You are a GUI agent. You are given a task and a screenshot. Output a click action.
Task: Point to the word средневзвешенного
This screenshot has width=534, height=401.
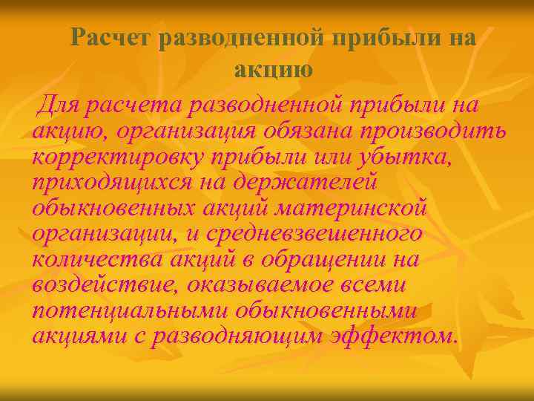tap(312, 235)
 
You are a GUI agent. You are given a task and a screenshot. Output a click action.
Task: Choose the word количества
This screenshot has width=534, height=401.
tap(96, 260)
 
